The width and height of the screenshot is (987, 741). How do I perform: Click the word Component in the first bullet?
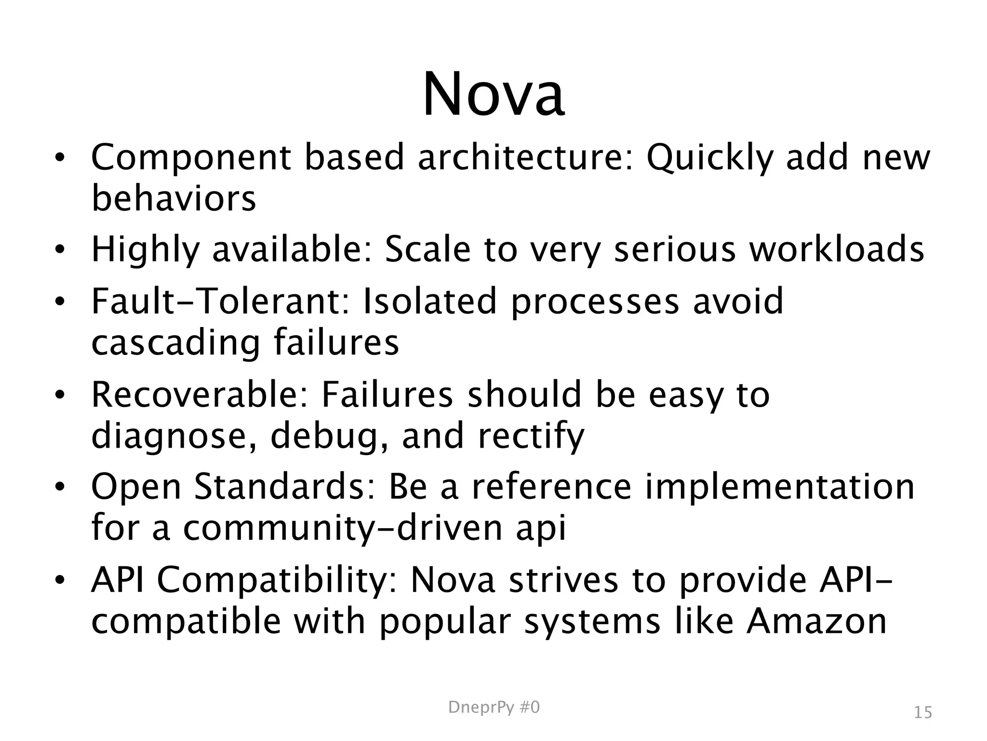191,158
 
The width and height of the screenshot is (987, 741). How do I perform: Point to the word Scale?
427,250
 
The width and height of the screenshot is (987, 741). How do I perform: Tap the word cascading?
175,343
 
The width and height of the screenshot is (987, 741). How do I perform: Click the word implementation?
779,487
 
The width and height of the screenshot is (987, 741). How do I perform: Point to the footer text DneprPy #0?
494,708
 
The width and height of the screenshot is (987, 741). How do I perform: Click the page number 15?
923,713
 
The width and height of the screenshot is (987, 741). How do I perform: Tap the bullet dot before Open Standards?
59,487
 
